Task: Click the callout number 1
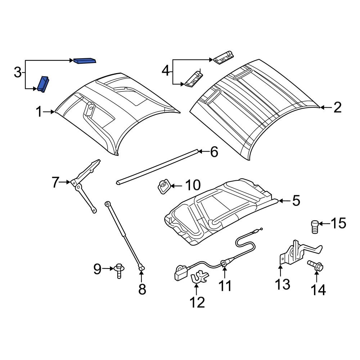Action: (39, 112)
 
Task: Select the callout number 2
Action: (337, 107)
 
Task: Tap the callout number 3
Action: (18, 73)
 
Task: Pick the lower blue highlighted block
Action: (43, 84)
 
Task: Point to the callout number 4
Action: (165, 71)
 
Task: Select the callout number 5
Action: (296, 201)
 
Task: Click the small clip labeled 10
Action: (163, 186)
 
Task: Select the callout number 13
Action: (283, 284)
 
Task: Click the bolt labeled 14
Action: (315, 267)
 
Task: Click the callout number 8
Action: (142, 289)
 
